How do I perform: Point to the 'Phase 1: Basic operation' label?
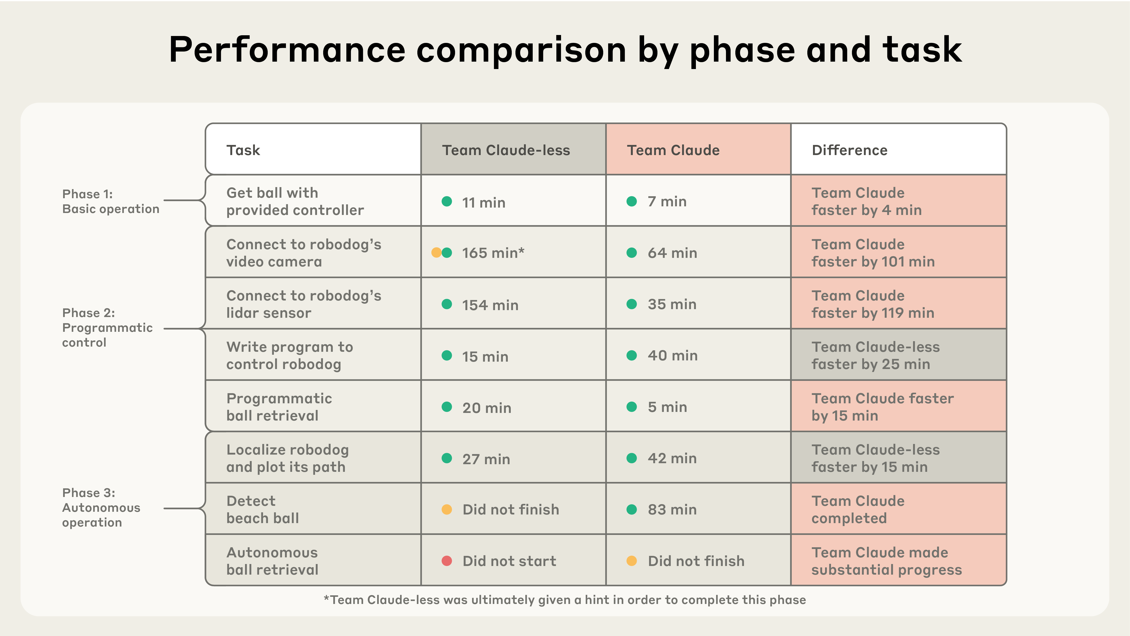pos(110,201)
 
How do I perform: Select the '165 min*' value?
pos(493,253)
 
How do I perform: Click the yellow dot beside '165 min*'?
pos(436,253)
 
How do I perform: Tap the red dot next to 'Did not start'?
pos(447,561)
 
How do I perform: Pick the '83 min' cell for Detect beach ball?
pos(672,510)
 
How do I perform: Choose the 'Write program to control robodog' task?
pos(289,355)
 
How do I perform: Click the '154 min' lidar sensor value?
pos(490,305)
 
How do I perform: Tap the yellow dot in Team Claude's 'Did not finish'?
pos(632,561)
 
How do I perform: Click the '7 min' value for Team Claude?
pos(667,202)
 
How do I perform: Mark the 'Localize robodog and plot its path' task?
pos(287,458)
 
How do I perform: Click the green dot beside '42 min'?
pos(632,458)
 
